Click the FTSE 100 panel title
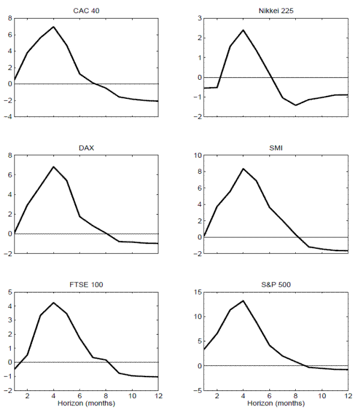point(86,283)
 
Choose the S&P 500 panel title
point(276,283)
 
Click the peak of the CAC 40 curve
point(54,26)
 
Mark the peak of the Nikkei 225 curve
point(244,30)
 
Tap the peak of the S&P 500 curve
point(244,300)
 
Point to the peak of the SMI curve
point(244,169)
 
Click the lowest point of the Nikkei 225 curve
point(296,105)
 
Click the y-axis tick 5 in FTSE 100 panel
point(8,293)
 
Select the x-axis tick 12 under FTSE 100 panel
point(158,397)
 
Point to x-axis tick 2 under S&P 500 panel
point(217,397)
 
